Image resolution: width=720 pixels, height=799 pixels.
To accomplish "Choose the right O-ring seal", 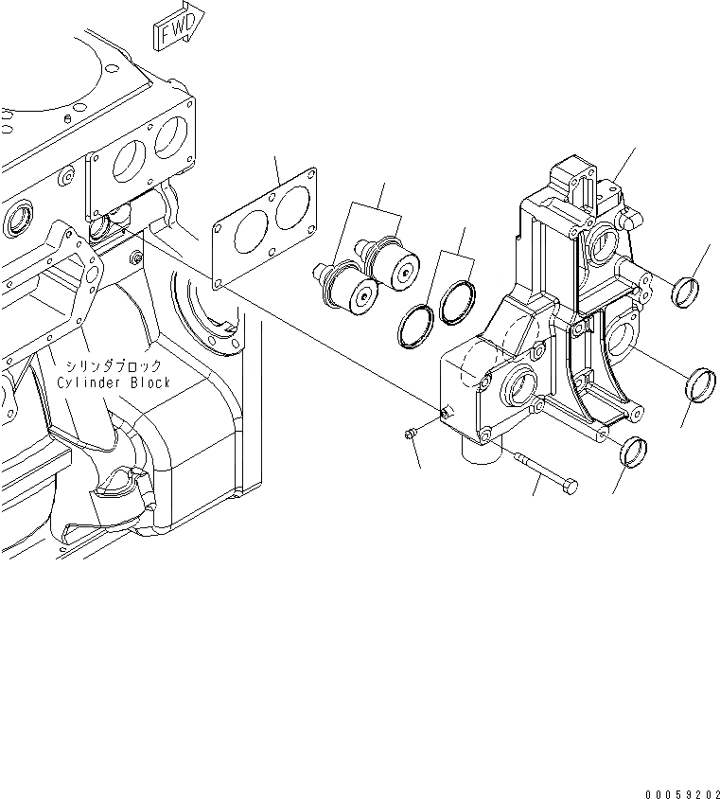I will [x=456, y=300].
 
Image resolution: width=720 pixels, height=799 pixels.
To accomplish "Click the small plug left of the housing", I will [x=407, y=434].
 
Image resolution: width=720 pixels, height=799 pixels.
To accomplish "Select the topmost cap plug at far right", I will [x=685, y=291].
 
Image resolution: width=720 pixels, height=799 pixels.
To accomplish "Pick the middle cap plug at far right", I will [x=698, y=382].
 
